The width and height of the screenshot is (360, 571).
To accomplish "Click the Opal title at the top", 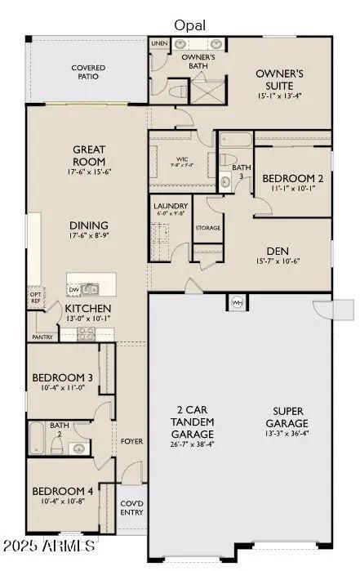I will click(x=189, y=25).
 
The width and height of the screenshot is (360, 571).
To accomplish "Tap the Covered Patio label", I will click(x=88, y=72).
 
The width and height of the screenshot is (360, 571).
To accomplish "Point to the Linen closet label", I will click(x=159, y=42).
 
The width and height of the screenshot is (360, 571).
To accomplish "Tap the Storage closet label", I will click(x=207, y=228).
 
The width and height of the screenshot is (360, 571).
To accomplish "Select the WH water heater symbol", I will click(x=238, y=301).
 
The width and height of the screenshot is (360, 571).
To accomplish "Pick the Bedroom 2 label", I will click(x=292, y=178).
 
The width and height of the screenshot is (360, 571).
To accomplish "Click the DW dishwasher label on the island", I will click(x=74, y=289).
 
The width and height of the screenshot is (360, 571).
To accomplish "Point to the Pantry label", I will click(x=42, y=337).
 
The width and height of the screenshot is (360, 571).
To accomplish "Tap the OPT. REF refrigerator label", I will click(x=36, y=298).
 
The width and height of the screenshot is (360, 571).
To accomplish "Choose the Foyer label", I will click(x=132, y=441).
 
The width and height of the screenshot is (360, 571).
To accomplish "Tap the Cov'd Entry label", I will click(x=131, y=507).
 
